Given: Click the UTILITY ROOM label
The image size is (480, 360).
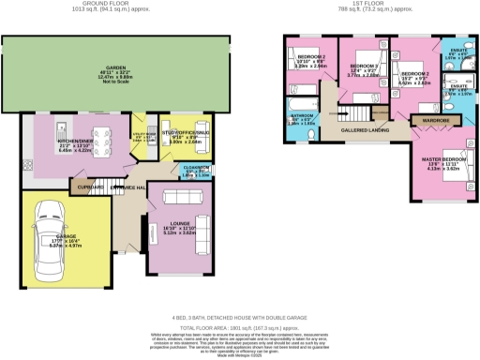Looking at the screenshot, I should pos(143,135).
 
